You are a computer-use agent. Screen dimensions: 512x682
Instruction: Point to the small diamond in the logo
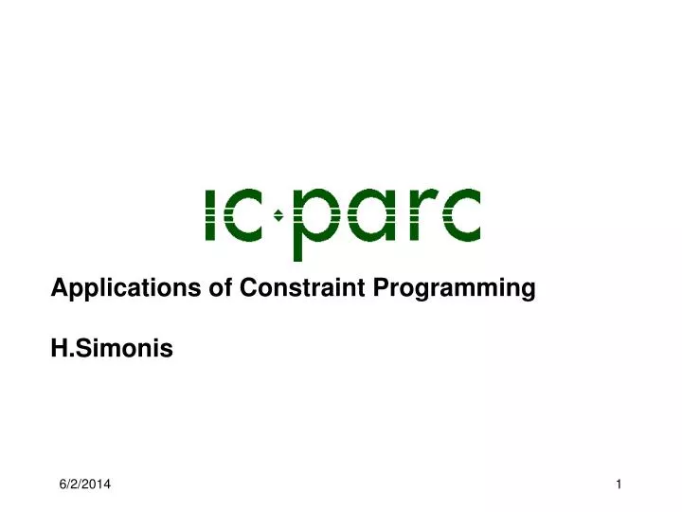coord(278,215)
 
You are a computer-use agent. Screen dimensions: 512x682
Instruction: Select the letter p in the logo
coord(314,216)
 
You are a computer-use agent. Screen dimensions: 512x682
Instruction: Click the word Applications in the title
coord(109,288)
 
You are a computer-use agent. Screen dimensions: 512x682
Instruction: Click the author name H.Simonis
coord(112,350)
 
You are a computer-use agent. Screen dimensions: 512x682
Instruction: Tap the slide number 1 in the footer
coord(618,485)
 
